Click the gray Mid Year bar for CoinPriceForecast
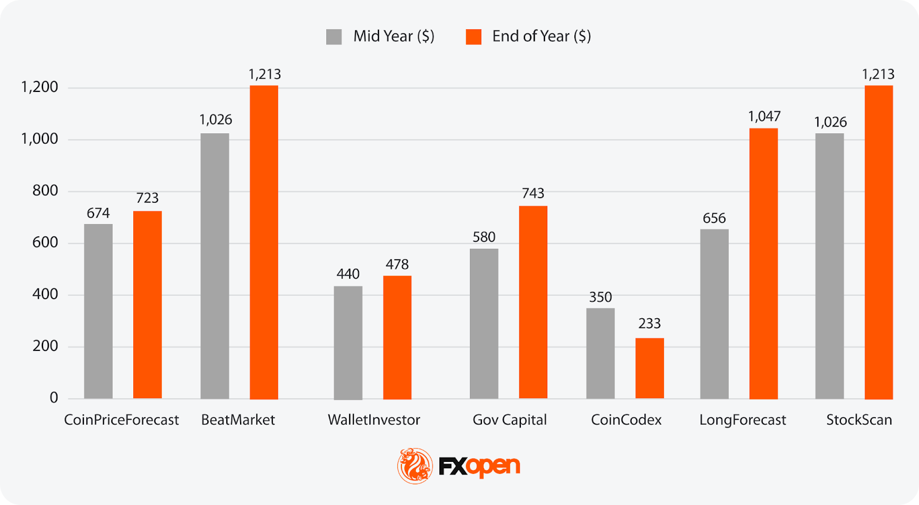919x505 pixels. click(x=98, y=311)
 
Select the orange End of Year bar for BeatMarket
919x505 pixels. click(x=264, y=242)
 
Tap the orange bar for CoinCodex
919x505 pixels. click(x=650, y=368)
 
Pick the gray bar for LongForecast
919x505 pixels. click(x=715, y=314)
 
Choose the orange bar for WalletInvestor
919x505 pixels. click(x=397, y=337)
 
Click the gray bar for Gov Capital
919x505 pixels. click(x=484, y=323)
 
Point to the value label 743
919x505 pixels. click(x=533, y=193)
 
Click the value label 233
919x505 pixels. click(x=650, y=323)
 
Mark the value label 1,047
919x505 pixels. click(x=764, y=117)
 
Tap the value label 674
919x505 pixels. click(x=98, y=213)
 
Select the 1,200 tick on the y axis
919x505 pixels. click(x=40, y=87)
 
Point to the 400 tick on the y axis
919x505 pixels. click(x=45, y=294)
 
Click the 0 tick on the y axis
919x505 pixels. click(x=54, y=398)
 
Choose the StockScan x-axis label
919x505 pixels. click(x=859, y=420)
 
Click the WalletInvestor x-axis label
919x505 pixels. click(x=374, y=420)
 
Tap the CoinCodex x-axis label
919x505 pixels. click(x=626, y=420)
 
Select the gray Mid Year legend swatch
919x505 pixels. click(x=334, y=37)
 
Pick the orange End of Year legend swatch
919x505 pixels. click(x=473, y=37)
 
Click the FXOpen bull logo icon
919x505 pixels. click(x=415, y=465)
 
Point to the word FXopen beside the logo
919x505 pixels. click(x=480, y=466)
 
